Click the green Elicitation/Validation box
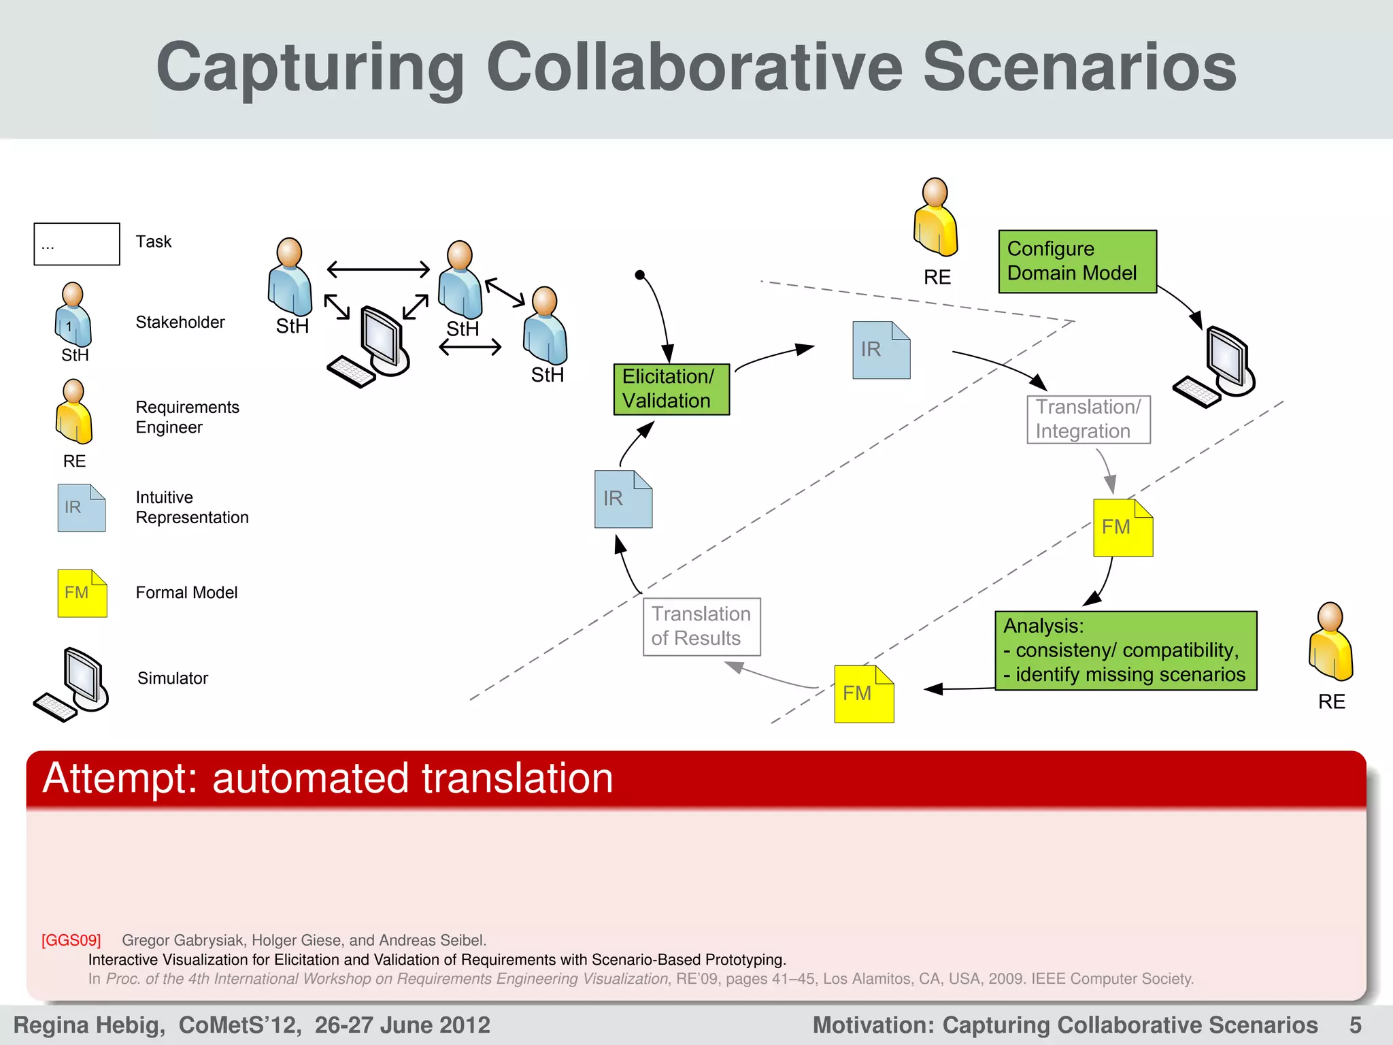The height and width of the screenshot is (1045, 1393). (x=671, y=389)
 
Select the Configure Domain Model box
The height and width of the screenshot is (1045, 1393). (x=1077, y=261)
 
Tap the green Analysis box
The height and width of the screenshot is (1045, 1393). (x=1126, y=650)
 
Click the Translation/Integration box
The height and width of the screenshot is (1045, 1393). (x=1088, y=419)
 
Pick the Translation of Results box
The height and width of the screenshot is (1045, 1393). (x=701, y=627)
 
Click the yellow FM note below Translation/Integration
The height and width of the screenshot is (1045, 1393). (x=1122, y=528)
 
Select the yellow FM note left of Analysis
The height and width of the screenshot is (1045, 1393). (x=864, y=694)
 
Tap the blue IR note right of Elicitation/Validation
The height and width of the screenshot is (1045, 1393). (x=881, y=350)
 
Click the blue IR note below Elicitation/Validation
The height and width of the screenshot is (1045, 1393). (x=623, y=499)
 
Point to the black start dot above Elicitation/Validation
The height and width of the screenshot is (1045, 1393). (x=639, y=275)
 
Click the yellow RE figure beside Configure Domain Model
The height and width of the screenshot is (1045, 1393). (x=936, y=218)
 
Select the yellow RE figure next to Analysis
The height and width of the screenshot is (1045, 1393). (x=1330, y=642)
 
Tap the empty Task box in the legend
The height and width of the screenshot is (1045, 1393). (x=77, y=244)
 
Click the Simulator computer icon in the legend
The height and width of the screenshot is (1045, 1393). (x=72, y=684)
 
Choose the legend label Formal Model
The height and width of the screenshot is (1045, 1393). (x=186, y=593)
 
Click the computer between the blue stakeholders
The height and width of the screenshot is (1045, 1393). (x=371, y=347)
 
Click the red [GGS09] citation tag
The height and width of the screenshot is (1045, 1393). (x=71, y=940)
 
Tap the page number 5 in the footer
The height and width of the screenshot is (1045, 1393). (x=1355, y=1025)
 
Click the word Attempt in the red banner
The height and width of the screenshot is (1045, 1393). (x=118, y=778)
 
